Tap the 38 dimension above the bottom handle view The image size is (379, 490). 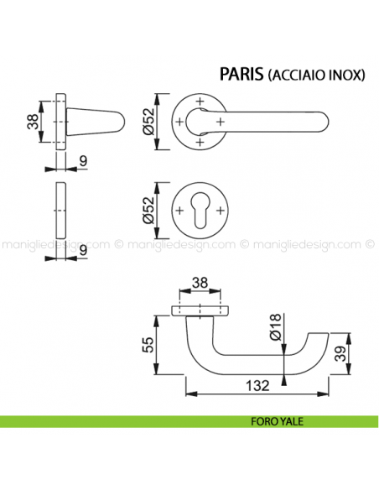point(202,284)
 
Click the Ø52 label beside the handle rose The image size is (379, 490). point(149,122)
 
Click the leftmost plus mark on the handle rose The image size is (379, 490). point(179,122)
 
